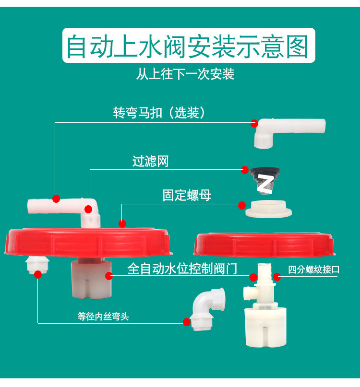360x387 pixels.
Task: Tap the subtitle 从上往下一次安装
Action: click(185, 74)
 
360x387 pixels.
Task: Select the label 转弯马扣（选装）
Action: click(159, 113)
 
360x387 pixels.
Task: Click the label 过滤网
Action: click(151, 161)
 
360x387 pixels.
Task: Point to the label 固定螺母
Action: click(186, 195)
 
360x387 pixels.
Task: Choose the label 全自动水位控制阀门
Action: click(182, 269)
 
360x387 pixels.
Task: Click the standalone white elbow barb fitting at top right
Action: click(288, 131)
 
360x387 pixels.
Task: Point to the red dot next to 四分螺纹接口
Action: click(277, 276)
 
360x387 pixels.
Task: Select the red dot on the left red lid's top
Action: click(122, 223)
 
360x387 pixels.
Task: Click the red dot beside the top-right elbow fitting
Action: click(254, 123)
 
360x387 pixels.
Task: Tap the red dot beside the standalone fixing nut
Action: click(241, 206)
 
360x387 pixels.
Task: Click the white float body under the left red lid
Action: click(91, 278)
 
